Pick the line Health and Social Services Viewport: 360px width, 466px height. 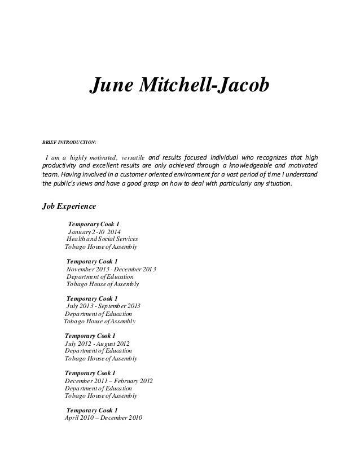pos(102,239)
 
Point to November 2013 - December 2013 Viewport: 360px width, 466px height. pos(111,269)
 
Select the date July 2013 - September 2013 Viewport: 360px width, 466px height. pos(103,306)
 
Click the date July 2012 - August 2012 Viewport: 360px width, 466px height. pos(98,343)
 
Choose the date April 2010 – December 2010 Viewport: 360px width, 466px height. pos(104,418)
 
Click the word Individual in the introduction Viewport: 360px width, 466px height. pos(224,156)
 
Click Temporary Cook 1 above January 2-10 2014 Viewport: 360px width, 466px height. pos(93,224)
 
